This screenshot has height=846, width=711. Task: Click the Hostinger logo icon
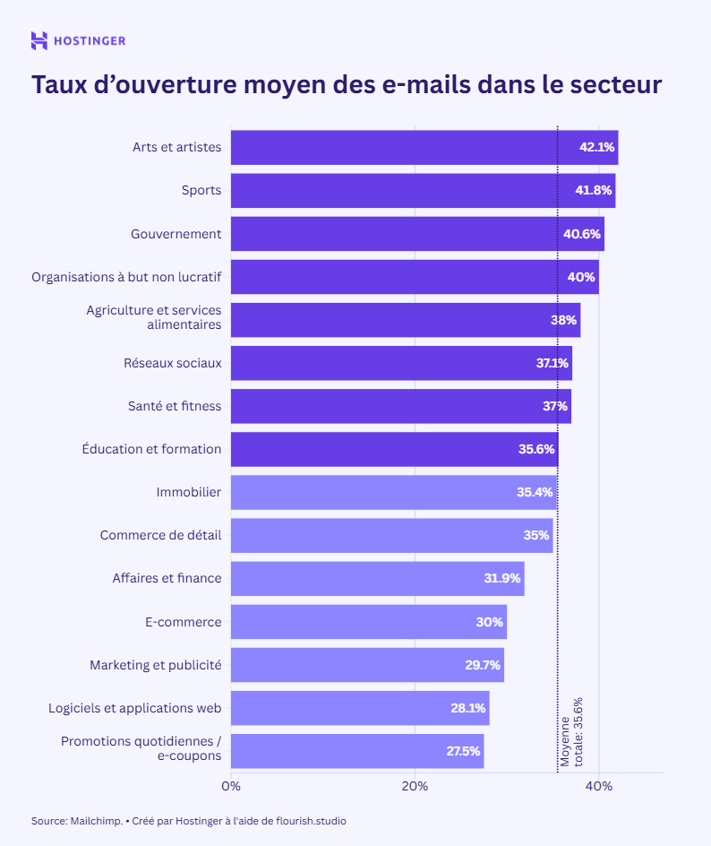39,40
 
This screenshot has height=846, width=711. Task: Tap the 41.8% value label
594,191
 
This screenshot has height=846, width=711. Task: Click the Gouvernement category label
176,234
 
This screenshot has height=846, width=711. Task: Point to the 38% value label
563,320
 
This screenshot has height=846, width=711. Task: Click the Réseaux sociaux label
172,363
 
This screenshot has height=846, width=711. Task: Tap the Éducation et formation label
151,449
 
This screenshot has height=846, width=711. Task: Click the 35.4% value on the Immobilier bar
535,492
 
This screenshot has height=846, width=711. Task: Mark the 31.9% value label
502,578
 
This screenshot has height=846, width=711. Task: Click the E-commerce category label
183,621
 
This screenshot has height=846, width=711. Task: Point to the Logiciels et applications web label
134,708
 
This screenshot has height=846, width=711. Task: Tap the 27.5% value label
463,751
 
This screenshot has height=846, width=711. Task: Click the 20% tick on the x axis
415,786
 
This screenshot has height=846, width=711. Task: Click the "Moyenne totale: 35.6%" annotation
571,732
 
